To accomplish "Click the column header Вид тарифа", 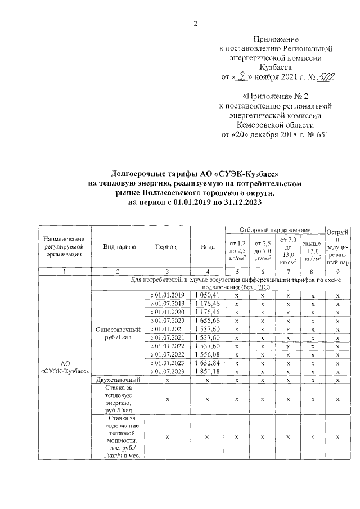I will pos(117,247).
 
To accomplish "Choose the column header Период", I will pos(166,247).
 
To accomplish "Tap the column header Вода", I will pos(207,247).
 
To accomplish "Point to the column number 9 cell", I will pos(337,271).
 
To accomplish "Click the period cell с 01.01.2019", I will pos(166,295).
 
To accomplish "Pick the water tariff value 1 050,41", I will pos(207,295).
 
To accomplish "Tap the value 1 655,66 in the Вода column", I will pos(207,320).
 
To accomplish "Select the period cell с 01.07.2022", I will pos(166,354).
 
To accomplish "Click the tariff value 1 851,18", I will pos(207,372).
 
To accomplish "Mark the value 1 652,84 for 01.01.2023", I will pos(207,363).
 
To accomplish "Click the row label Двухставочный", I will pos(117,381).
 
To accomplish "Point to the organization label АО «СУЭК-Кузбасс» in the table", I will pos(64,368).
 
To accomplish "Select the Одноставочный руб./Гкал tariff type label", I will pos(117,334).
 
